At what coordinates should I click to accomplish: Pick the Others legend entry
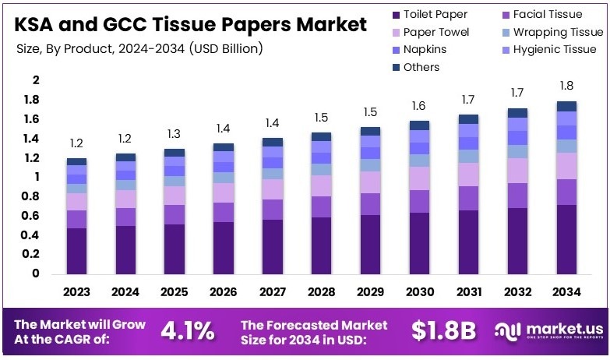(420, 67)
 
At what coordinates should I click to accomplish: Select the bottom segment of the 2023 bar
(76, 250)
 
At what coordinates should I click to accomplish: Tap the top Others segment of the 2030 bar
(419, 125)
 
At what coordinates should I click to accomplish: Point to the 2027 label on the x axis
(273, 292)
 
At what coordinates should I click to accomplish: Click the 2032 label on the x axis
(517, 292)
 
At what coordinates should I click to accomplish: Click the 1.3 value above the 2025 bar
(175, 133)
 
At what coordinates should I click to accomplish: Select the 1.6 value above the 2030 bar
(419, 106)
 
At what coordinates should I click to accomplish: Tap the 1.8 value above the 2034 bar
(566, 86)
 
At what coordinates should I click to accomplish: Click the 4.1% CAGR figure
(187, 330)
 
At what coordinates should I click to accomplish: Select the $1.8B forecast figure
(443, 330)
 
